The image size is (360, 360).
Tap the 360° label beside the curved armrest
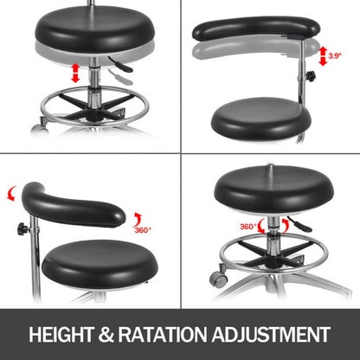143,229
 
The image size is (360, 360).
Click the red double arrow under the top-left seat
74,72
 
